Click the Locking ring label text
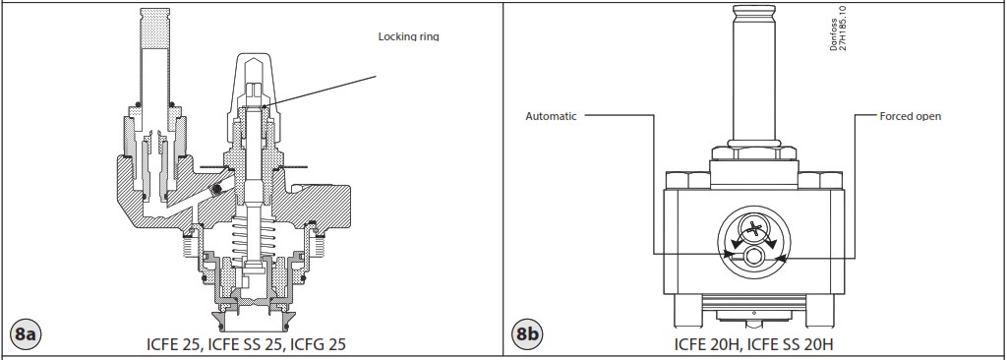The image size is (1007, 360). click(408, 37)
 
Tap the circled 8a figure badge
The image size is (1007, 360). click(25, 335)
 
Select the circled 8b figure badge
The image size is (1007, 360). click(528, 335)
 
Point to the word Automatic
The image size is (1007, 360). click(551, 116)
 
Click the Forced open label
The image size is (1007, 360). click(910, 116)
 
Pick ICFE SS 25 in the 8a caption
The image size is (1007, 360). click(238, 345)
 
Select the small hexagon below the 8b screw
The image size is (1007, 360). click(753, 257)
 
